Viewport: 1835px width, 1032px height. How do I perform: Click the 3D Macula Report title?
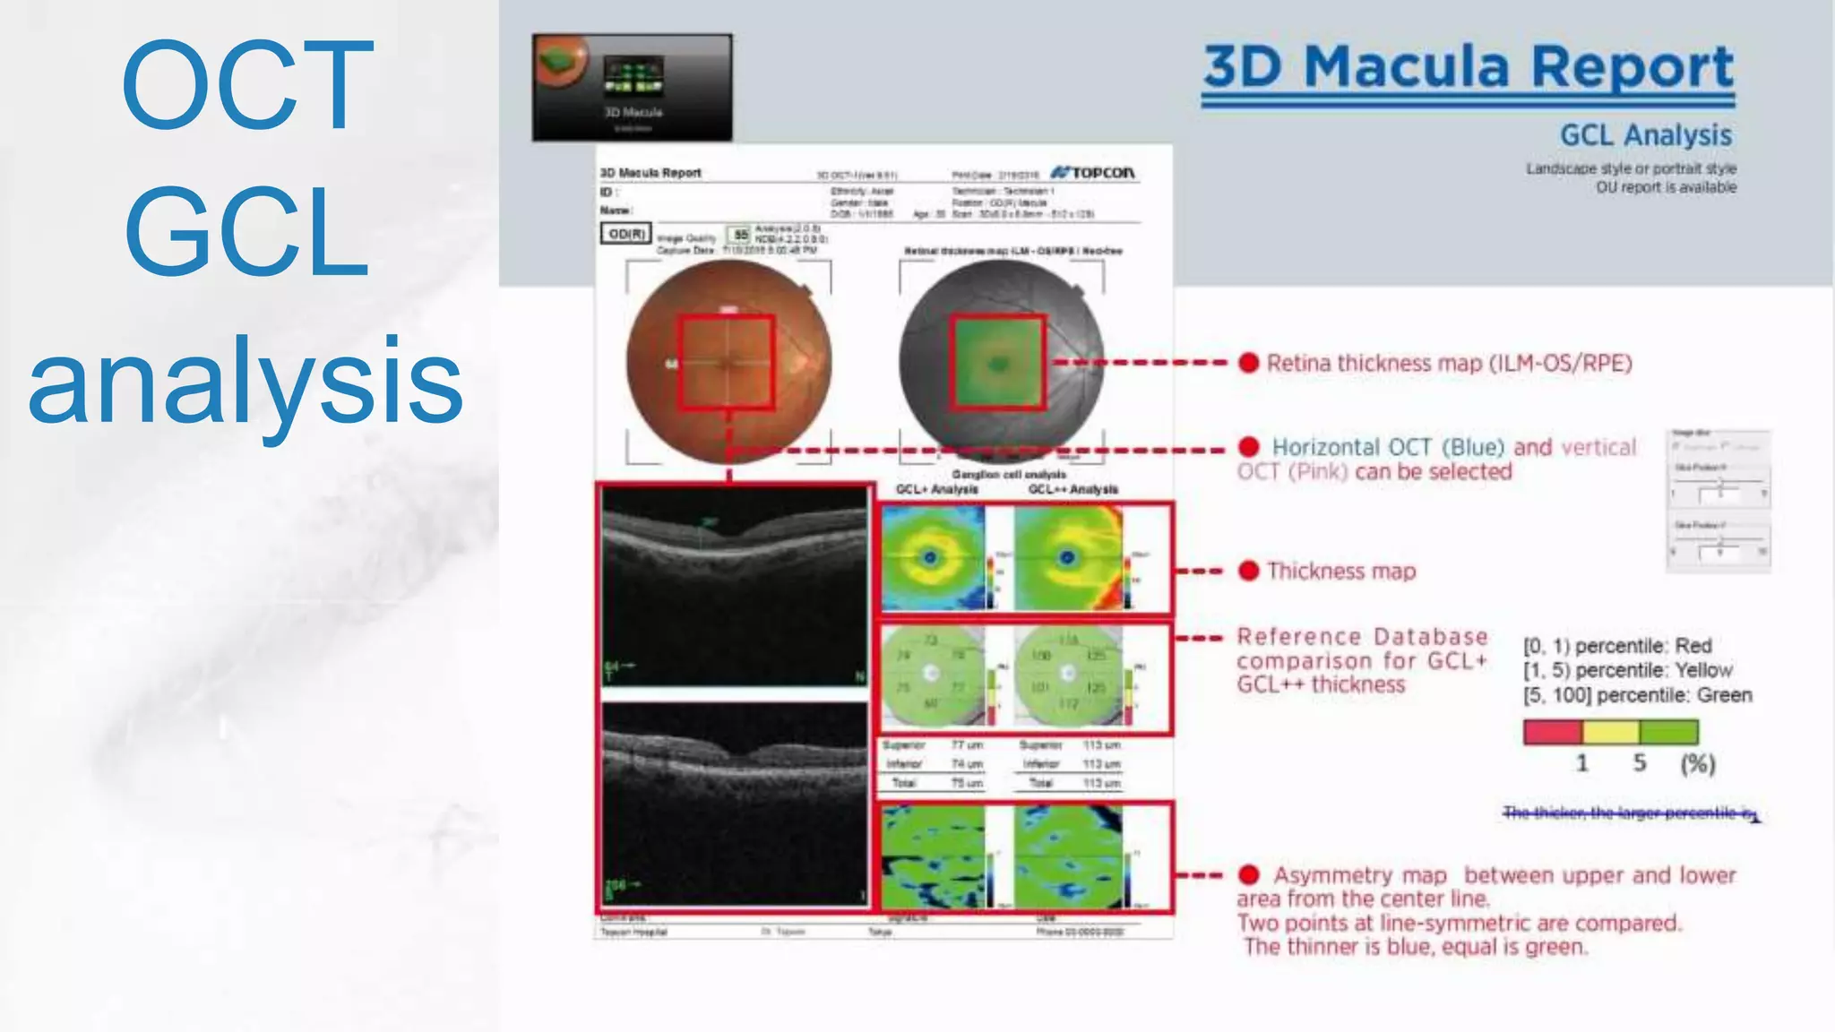click(x=1468, y=67)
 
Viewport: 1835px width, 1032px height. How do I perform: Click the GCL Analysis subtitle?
click(x=1645, y=135)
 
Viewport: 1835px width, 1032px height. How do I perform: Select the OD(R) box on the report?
click(x=625, y=234)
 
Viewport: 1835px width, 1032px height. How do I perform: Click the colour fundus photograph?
click(x=728, y=362)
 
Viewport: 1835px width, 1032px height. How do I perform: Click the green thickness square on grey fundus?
click(x=997, y=362)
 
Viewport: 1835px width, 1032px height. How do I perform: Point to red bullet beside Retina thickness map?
click(x=1248, y=363)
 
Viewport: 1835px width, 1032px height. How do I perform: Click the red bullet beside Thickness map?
click(x=1248, y=571)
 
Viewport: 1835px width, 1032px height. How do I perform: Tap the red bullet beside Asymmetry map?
click(x=1248, y=874)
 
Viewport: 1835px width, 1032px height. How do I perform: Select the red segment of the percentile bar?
click(x=1552, y=732)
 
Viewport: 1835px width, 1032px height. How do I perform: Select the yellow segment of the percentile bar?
click(x=1610, y=732)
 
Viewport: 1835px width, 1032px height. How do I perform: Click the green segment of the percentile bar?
click(x=1668, y=732)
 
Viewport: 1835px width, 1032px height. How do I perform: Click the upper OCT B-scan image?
click(x=735, y=587)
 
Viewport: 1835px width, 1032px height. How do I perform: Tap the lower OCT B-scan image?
click(x=735, y=804)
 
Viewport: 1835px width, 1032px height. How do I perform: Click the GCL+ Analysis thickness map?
click(x=933, y=558)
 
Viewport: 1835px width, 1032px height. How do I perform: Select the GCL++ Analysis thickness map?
click(x=1067, y=558)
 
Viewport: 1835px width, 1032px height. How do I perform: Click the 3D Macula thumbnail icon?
click(x=632, y=88)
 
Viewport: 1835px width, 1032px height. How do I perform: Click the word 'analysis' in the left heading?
click(x=246, y=381)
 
